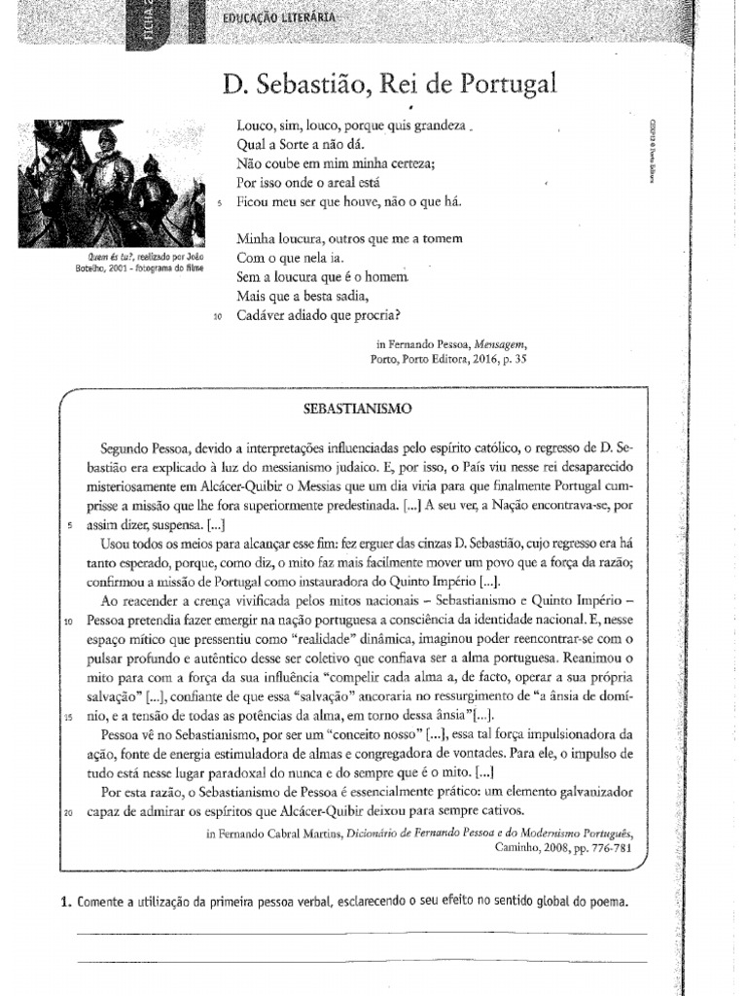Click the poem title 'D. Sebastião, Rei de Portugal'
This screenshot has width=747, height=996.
(x=389, y=85)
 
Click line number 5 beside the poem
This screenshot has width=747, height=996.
(x=221, y=203)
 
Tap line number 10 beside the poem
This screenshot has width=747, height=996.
(x=218, y=316)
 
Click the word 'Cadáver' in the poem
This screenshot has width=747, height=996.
(x=264, y=315)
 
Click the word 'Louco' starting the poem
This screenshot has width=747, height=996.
(x=255, y=125)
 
